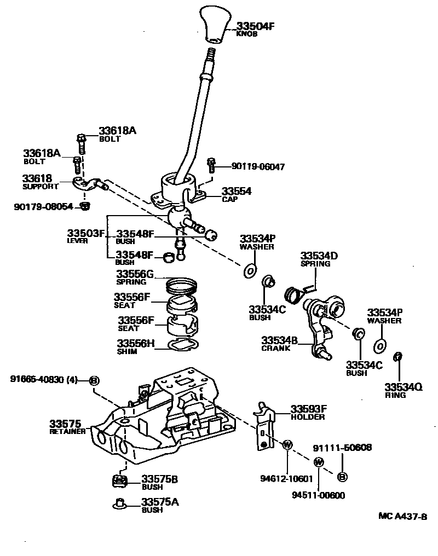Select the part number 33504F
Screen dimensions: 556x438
(255, 26)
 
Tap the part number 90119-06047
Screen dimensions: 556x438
(258, 166)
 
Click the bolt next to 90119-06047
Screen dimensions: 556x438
(210, 164)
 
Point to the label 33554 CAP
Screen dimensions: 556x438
(236, 192)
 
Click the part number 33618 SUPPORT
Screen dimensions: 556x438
(37, 179)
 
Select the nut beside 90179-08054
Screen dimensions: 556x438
(84, 206)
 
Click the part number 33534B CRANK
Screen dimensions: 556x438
(279, 340)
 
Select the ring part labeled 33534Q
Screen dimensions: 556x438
(398, 357)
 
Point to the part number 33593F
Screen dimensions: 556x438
(308, 409)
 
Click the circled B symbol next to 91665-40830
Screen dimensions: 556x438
(94, 380)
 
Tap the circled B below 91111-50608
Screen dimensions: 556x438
(342, 477)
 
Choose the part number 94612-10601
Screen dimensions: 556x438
(286, 478)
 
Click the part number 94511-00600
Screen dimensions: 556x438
(319, 495)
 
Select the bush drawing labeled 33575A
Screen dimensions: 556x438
(119, 503)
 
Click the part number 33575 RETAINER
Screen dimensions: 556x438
(65, 424)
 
